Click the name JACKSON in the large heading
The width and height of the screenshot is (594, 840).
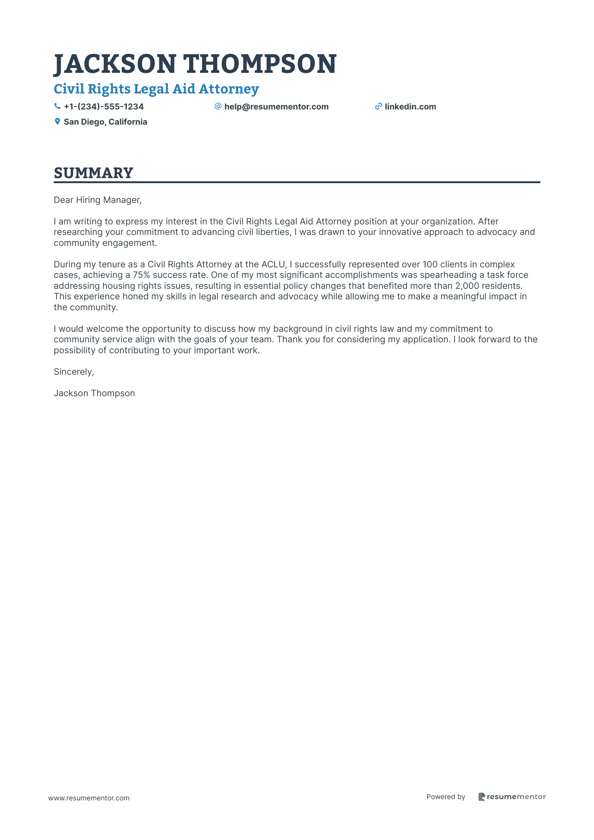tap(115, 64)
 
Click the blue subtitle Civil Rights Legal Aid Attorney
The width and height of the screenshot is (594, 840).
tap(156, 89)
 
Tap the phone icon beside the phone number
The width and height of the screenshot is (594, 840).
tap(58, 107)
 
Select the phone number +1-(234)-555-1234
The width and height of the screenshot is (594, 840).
tap(104, 107)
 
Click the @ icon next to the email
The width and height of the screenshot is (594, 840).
tap(218, 107)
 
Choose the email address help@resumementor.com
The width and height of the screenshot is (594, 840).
tap(276, 107)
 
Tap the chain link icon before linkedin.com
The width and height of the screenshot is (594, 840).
tap(378, 107)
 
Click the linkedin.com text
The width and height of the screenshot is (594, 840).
tap(410, 107)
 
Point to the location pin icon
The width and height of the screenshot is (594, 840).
tap(58, 122)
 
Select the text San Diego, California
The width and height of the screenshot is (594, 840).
tap(105, 122)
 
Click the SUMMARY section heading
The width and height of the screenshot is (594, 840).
tap(94, 173)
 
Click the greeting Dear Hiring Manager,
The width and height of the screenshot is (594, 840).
tap(98, 200)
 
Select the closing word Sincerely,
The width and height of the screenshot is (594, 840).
tap(74, 372)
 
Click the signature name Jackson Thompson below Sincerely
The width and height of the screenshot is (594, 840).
tap(94, 393)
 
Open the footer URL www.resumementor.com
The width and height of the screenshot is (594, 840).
tap(89, 798)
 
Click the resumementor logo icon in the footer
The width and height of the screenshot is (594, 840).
tap(482, 797)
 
